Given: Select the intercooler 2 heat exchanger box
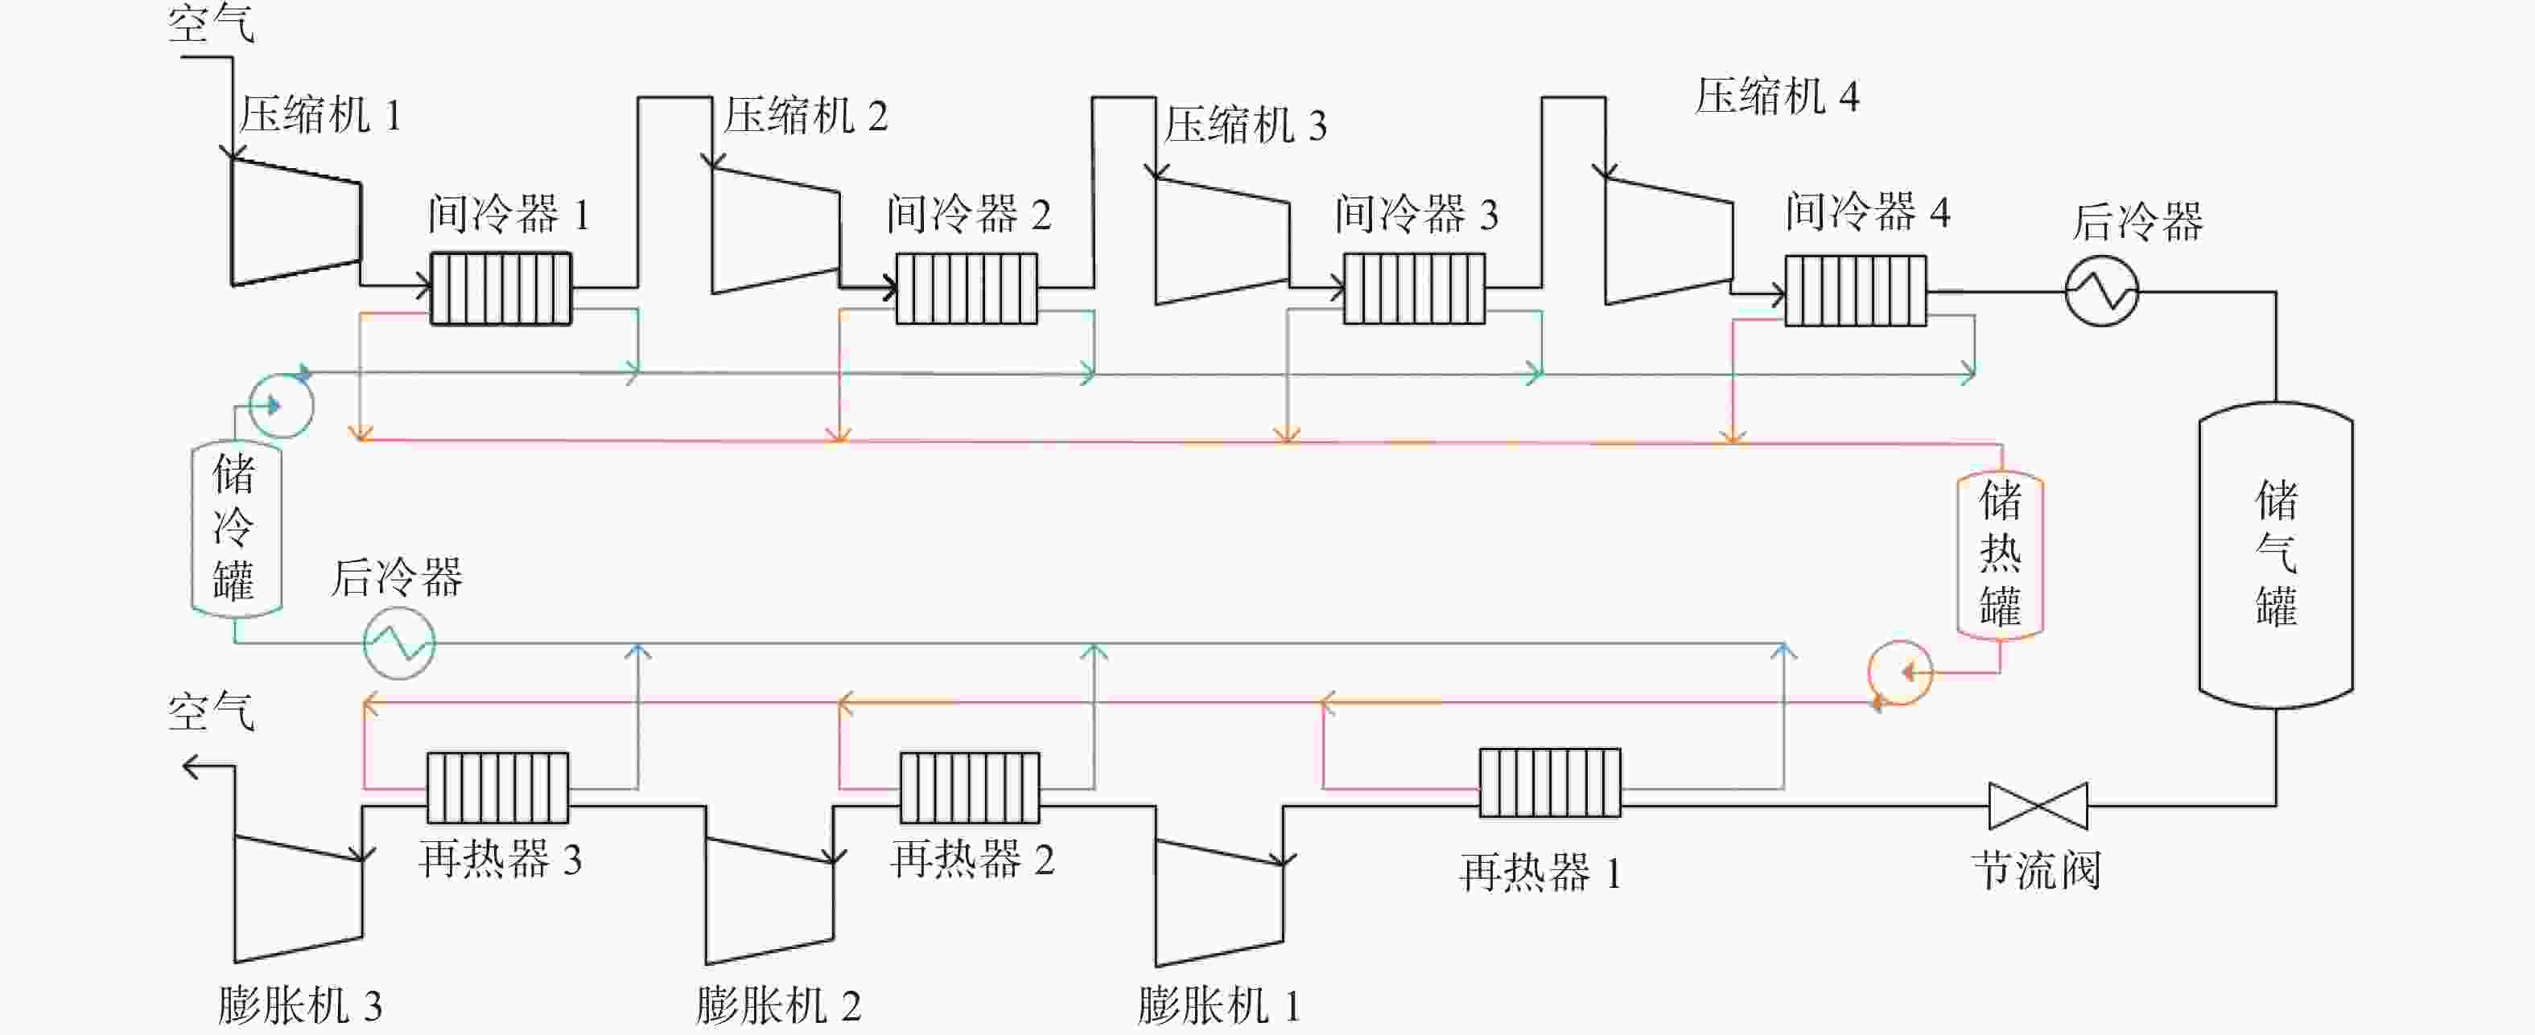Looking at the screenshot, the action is click(967, 288).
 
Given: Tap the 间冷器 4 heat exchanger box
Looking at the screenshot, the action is click(1856, 290).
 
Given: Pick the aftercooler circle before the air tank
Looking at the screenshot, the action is click(2101, 291).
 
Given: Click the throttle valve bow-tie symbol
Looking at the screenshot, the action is click(2038, 806).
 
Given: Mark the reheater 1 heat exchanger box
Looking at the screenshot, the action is click(1550, 782).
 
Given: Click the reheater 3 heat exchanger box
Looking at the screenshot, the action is click(497, 787).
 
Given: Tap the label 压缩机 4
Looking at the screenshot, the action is click(1777, 97).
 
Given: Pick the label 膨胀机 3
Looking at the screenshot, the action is click(299, 1005).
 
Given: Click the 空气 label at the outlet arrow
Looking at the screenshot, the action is click(212, 710).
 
